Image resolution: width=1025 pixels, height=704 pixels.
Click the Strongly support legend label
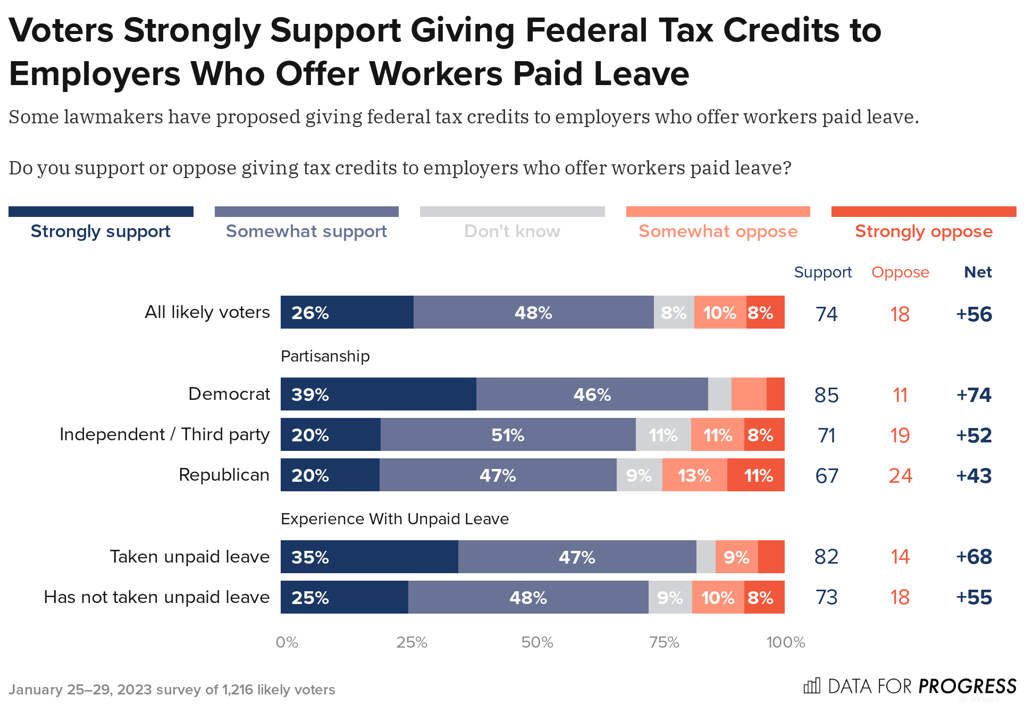coord(100,231)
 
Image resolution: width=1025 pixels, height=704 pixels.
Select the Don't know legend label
coord(512,231)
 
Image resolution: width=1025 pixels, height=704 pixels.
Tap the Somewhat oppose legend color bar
coord(718,212)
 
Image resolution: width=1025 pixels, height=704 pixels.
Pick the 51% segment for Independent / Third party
coord(508,435)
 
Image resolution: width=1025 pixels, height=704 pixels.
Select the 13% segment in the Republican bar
coord(694,475)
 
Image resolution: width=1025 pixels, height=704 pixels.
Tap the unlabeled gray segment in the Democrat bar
coord(719,395)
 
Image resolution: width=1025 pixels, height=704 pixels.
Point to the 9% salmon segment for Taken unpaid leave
coord(736,557)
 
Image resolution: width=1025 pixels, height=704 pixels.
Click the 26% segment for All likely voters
coord(347,313)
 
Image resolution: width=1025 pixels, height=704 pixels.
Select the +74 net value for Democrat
coord(973,395)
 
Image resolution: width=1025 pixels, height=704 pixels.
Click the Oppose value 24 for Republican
coord(900,476)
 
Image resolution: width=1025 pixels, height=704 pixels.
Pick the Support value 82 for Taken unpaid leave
coord(826,557)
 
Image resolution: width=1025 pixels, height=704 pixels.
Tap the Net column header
coord(978,272)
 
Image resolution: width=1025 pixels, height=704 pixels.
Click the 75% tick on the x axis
coord(664,642)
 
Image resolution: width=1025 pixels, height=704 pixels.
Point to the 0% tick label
coord(287,642)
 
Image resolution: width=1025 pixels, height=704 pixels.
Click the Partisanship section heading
coord(325,356)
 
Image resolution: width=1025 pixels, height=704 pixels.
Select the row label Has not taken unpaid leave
coord(156,597)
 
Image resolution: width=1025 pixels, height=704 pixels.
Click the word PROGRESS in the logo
coord(968,686)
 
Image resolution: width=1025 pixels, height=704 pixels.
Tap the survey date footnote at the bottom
coord(172,690)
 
